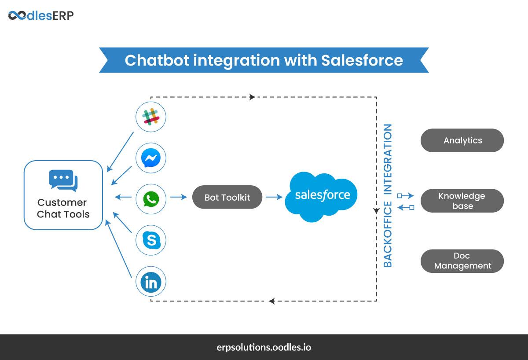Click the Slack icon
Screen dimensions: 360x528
[151, 117]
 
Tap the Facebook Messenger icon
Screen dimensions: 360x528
[151, 158]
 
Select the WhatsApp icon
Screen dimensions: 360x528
[151, 198]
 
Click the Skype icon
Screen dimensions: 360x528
[151, 240]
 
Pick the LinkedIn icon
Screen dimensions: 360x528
[151, 282]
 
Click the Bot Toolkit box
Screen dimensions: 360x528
[227, 197]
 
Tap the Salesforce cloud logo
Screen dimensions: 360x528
[322, 195]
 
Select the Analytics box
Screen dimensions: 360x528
[462, 140]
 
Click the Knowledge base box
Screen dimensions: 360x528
[462, 201]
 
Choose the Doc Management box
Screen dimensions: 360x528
[462, 261]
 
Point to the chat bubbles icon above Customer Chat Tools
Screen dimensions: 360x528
[63, 181]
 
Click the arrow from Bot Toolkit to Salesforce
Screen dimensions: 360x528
[274, 198]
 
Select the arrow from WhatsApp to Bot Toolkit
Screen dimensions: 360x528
[179, 198]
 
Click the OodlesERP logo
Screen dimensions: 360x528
[41, 16]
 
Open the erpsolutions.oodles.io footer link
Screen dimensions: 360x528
[264, 347]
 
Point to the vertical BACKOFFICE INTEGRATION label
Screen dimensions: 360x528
[388, 195]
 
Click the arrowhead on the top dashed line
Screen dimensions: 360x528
[252, 97]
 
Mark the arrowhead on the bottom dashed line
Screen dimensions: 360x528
[272, 301]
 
